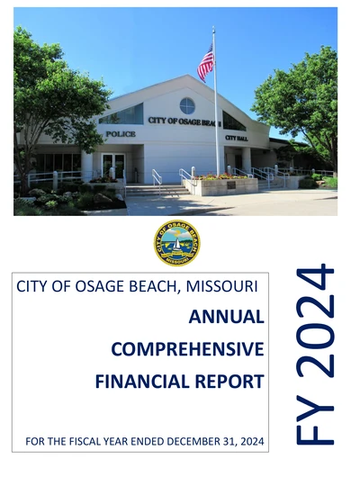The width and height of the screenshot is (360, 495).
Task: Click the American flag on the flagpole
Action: click(x=206, y=63)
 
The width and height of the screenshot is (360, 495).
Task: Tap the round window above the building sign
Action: click(x=187, y=104)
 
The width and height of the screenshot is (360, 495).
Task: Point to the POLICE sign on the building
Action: click(x=121, y=134)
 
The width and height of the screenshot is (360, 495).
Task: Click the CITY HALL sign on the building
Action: click(x=236, y=138)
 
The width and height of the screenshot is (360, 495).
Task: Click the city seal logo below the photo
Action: click(x=177, y=243)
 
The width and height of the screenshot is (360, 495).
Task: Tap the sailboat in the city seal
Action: click(x=178, y=241)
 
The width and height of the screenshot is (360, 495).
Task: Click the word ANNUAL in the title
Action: click(x=226, y=316)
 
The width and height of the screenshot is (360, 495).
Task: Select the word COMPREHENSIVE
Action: click(x=187, y=348)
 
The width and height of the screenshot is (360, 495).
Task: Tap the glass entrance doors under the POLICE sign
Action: click(x=113, y=166)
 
